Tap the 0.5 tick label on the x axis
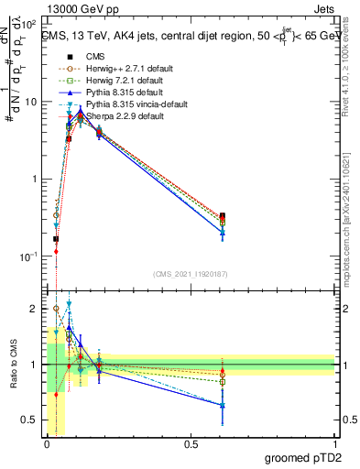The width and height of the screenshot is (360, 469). [190, 442]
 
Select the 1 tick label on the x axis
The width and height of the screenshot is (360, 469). [335, 442]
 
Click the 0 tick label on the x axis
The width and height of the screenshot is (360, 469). [46, 442]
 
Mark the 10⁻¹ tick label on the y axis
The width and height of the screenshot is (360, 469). [28, 256]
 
